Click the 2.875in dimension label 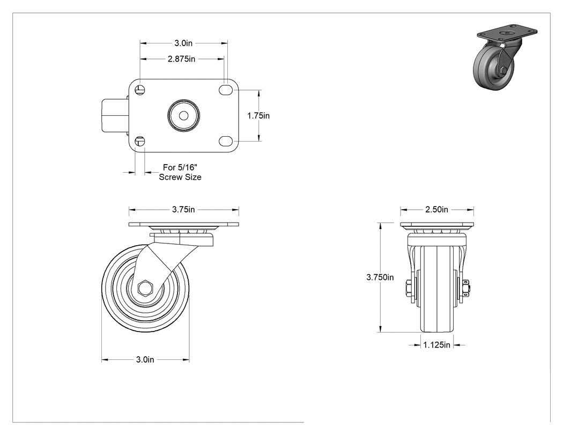181,58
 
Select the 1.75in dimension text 258,116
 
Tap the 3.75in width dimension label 183,209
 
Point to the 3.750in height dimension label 380,277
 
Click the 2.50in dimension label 436,209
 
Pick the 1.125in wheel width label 436,345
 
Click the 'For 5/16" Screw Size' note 180,172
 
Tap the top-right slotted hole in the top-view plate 225,90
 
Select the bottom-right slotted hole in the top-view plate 225,141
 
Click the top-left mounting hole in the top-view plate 140,90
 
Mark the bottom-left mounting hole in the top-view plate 140,141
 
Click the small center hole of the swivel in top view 183,116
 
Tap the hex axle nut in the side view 145,288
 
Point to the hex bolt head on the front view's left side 410,287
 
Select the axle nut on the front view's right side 465,288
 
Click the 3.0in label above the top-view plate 183,43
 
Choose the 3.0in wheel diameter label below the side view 145,359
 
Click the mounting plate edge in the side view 183,225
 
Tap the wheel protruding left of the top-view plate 115,116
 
